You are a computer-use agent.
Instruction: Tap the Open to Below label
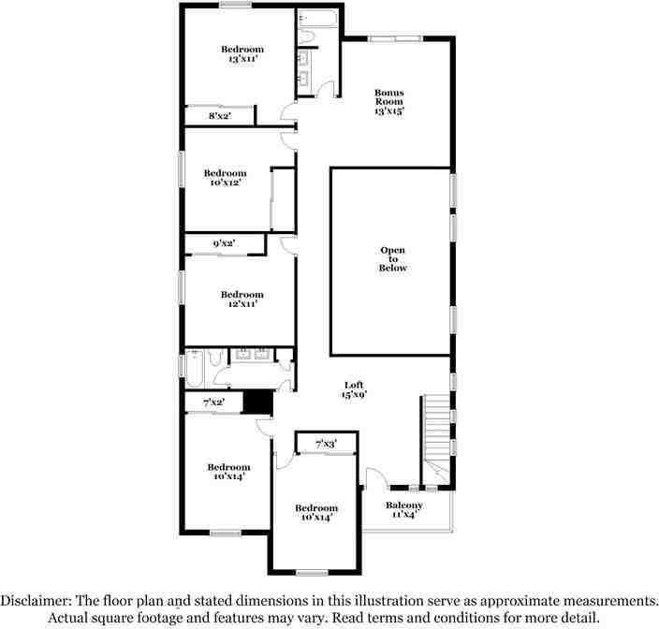pyautogui.click(x=393, y=259)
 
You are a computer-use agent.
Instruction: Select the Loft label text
pyautogui.click(x=353, y=385)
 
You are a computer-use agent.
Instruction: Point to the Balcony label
pyautogui.click(x=404, y=505)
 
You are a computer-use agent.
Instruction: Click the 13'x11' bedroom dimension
pyautogui.click(x=242, y=59)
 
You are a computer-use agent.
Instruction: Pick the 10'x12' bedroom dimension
pyautogui.click(x=225, y=183)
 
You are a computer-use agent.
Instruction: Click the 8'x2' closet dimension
pyautogui.click(x=219, y=116)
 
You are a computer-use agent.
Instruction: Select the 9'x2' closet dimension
pyautogui.click(x=224, y=244)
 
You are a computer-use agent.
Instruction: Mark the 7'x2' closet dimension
pyautogui.click(x=213, y=402)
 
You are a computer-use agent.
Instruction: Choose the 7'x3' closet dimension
pyautogui.click(x=325, y=444)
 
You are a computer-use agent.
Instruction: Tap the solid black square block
pyautogui.click(x=256, y=401)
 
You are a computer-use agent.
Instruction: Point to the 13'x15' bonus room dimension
pyautogui.click(x=388, y=111)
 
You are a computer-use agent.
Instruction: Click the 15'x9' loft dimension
pyautogui.click(x=353, y=395)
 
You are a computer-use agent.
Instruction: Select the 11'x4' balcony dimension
pyautogui.click(x=404, y=516)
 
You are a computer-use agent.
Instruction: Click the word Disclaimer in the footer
pyautogui.click(x=38, y=600)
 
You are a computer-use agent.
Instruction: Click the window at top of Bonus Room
pyautogui.click(x=393, y=38)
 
